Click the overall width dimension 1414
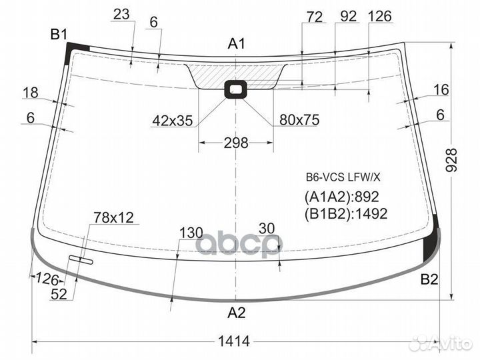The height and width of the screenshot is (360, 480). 234,341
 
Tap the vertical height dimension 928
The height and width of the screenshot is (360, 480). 451,160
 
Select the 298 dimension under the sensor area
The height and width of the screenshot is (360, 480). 236,143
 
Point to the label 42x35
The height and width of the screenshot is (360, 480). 173,121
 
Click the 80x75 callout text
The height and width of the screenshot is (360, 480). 299,120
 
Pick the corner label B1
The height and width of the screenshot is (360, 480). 59,35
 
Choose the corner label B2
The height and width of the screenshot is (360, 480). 429,279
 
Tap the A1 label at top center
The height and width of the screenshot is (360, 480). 236,44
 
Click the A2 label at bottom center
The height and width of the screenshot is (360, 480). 237,313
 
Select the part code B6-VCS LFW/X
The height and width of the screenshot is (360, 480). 343,177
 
